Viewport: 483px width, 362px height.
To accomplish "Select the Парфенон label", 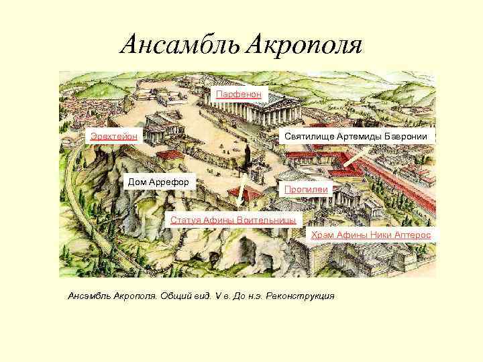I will click(241, 95).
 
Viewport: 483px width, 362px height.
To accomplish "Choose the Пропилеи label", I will click(306, 190).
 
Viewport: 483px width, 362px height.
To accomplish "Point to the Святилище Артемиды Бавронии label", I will click(360, 136).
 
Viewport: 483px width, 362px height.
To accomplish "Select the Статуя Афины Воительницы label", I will click(233, 220).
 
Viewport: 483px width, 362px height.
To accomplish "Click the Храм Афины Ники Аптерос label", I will click(370, 235).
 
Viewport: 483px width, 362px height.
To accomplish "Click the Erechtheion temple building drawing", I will click(160, 127).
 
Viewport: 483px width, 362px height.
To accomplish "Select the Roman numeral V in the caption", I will click(217, 296).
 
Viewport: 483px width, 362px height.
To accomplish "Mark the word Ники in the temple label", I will click(389, 235).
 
